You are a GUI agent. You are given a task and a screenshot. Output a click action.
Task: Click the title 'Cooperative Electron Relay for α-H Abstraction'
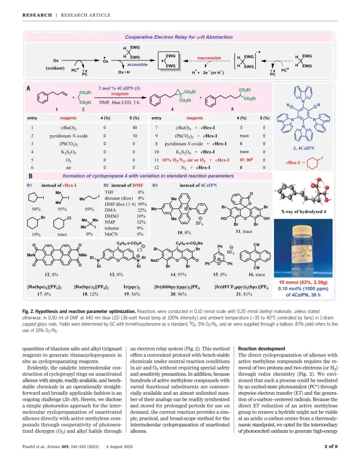point(179,37)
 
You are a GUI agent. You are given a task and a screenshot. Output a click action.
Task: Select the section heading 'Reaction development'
point(257,347)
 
